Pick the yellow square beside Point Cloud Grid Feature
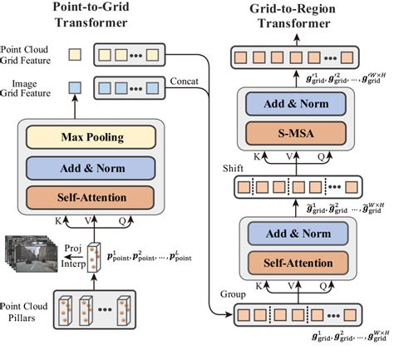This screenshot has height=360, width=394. [73, 54]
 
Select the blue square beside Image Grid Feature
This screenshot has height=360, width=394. [73, 86]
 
